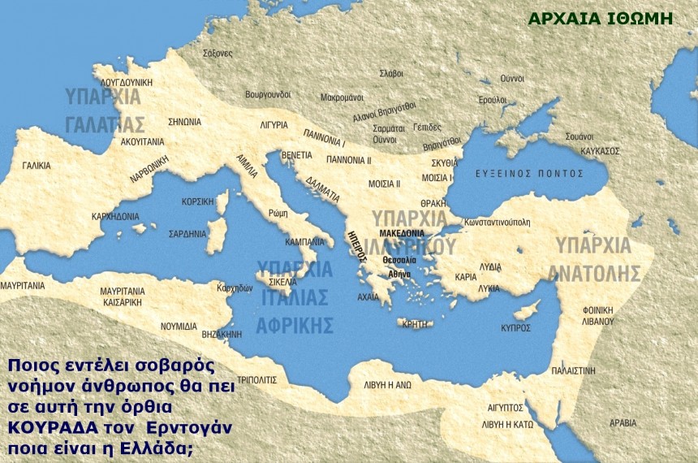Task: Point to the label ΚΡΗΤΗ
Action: [x=414, y=323]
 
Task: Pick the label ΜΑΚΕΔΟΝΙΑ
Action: [x=402, y=232]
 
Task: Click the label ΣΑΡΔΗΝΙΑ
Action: [x=187, y=234]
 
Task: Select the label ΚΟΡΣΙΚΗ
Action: [x=198, y=201]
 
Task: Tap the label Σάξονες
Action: [x=217, y=53]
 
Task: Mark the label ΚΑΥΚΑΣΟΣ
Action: [x=601, y=151]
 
